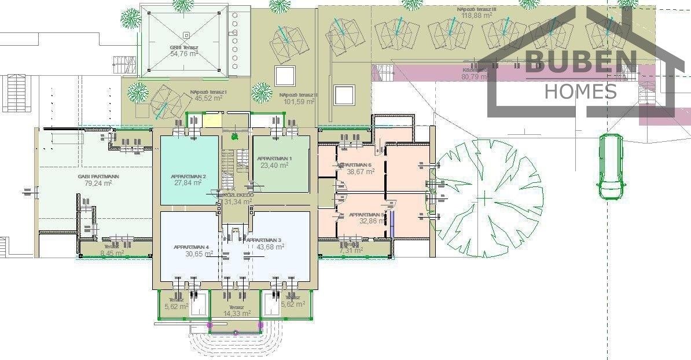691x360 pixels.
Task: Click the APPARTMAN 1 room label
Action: (274, 158)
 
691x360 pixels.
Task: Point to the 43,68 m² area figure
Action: (272, 247)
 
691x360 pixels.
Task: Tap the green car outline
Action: (611, 167)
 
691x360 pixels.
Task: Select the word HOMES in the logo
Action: (581, 91)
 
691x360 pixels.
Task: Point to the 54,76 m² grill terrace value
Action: (184, 53)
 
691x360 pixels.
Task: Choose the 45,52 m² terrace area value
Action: (209, 98)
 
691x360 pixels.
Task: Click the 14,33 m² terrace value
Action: (236, 314)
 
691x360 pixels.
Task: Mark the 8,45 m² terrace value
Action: (112, 253)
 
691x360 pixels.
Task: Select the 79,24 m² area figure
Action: (94, 183)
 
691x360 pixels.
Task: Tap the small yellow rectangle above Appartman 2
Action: (214, 122)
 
